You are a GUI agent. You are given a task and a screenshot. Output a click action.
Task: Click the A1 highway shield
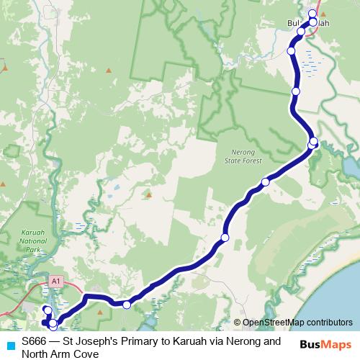pos(55,279)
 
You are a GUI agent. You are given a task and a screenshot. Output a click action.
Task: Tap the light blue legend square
pos(10,344)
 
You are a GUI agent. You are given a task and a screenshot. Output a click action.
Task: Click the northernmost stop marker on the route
pos(312,14)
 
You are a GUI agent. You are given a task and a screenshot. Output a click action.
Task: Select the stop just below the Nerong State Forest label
pos(265,182)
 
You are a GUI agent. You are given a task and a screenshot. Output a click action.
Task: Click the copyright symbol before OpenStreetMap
pos(237,323)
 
